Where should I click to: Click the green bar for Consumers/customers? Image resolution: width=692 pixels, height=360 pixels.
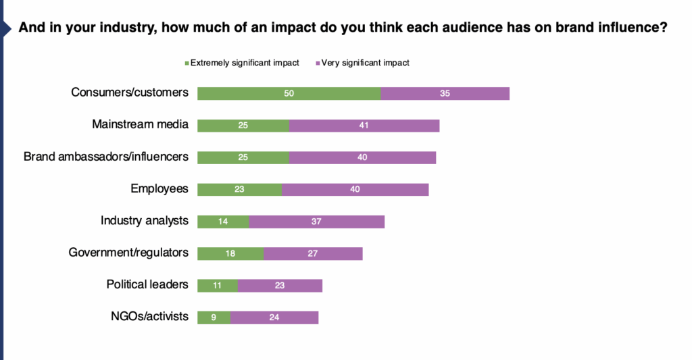[x=289, y=93]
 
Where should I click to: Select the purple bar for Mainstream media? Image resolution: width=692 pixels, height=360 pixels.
[x=364, y=126]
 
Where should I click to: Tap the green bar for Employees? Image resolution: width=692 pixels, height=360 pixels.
[x=239, y=189]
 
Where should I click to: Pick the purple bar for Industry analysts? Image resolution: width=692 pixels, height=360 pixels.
[x=316, y=221]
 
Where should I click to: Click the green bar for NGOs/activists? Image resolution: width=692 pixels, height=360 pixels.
[x=214, y=317]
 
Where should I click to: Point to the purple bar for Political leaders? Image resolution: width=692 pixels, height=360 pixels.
[x=280, y=285]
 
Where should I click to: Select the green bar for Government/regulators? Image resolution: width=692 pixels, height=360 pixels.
[x=230, y=253]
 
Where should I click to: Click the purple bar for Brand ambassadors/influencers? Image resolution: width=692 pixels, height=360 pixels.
[x=362, y=157]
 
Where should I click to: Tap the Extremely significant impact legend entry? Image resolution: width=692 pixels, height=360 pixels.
[x=241, y=63]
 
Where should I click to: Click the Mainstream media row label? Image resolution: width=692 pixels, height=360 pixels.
[x=140, y=124]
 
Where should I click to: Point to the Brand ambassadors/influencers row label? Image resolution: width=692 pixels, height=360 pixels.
[x=105, y=156]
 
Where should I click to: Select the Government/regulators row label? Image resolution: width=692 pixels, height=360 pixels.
[x=128, y=253]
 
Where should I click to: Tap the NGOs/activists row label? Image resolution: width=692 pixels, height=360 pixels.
[x=149, y=316]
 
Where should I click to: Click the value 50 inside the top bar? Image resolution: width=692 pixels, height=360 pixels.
[x=289, y=93]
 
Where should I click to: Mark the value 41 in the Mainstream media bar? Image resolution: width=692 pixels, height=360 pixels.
[x=364, y=126]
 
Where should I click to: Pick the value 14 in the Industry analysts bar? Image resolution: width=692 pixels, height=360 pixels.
[x=223, y=222]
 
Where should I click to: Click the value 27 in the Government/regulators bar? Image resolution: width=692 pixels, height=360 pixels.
[x=313, y=253]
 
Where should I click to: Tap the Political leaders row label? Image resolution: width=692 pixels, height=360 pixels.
[x=147, y=284]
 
